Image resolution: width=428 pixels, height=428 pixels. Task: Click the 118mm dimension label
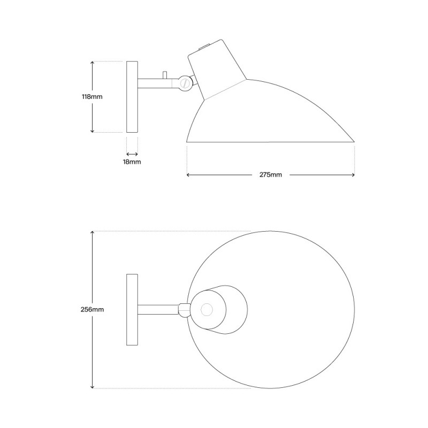point(92,97)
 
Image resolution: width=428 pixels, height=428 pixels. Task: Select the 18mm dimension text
point(132,162)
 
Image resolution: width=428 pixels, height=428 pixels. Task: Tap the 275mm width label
point(271,175)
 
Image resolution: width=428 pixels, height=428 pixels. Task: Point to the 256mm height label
point(92,310)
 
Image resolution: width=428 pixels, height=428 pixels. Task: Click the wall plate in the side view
point(132,97)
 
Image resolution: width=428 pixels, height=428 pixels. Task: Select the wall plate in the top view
point(132,310)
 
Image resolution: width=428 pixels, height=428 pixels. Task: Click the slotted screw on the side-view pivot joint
point(186,83)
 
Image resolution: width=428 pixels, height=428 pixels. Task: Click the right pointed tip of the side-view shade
point(354,142)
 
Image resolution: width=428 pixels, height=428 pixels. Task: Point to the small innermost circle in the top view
point(207,309)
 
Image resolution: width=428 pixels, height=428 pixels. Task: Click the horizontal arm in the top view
point(158,309)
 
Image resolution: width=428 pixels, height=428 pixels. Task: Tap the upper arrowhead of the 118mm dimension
point(93,63)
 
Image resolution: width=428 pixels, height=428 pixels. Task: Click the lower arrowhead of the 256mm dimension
point(93,387)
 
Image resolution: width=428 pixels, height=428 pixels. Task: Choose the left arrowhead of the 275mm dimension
point(188,175)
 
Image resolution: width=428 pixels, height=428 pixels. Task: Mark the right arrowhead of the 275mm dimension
point(354,175)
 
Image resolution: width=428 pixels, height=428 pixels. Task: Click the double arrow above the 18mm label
point(132,154)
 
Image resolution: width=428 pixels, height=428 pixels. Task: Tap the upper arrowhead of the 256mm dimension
point(93,233)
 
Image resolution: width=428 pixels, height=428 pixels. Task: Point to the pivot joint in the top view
point(185,309)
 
